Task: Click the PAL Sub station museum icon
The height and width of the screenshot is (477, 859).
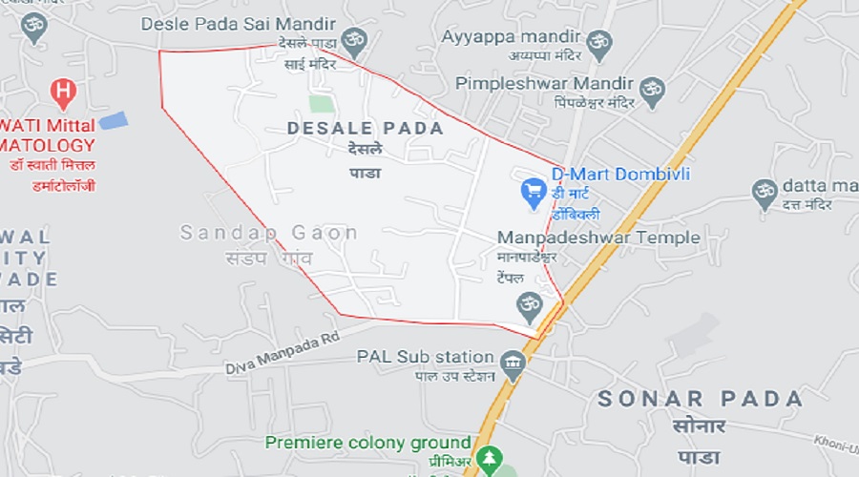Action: (x=513, y=363)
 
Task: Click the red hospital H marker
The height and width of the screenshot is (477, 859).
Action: (x=63, y=93)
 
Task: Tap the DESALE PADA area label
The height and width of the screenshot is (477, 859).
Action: (x=366, y=128)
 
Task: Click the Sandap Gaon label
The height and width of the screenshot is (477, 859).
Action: (x=268, y=233)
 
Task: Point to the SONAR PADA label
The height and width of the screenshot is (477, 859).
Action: (x=701, y=399)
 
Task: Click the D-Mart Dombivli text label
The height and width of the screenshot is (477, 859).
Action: (x=620, y=175)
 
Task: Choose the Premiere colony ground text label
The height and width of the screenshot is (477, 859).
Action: (x=368, y=443)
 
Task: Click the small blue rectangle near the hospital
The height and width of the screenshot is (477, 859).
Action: (x=114, y=121)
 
